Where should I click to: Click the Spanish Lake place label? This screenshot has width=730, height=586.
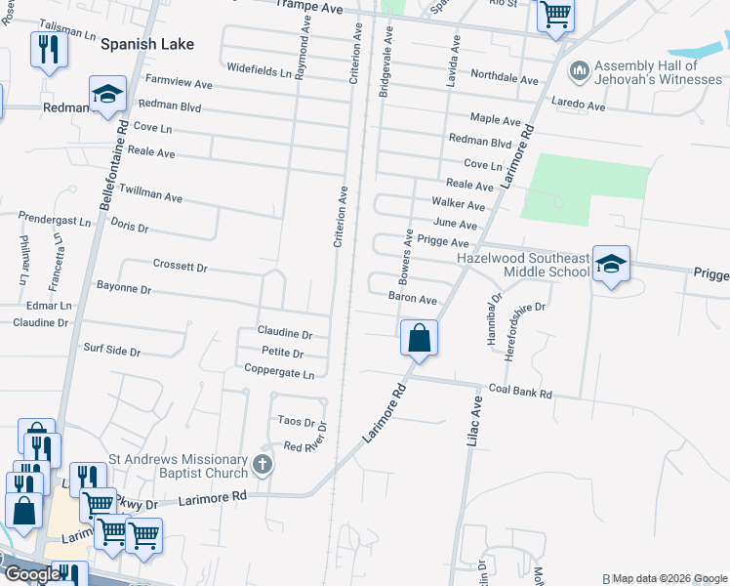pyautogui.click(x=146, y=44)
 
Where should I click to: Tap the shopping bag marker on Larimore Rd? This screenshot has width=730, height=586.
pyautogui.click(x=419, y=338)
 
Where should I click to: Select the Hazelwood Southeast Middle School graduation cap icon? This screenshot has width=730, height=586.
pyautogui.click(x=611, y=264)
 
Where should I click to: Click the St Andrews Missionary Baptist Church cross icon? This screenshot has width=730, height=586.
pyautogui.click(x=262, y=465)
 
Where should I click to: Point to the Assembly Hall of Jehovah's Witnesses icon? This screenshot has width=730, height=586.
pyautogui.click(x=579, y=71)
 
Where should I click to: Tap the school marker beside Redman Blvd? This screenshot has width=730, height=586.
pyautogui.click(x=107, y=94)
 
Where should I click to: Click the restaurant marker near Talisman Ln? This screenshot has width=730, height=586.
pyautogui.click(x=48, y=49)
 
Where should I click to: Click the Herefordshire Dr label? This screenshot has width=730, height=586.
pyautogui.click(x=524, y=331)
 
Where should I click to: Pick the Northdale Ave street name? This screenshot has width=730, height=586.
pyautogui.click(x=504, y=77)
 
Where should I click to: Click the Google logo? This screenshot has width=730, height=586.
pyautogui.click(x=32, y=574)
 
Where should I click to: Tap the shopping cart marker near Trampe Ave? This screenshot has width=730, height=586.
pyautogui.click(x=555, y=16)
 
